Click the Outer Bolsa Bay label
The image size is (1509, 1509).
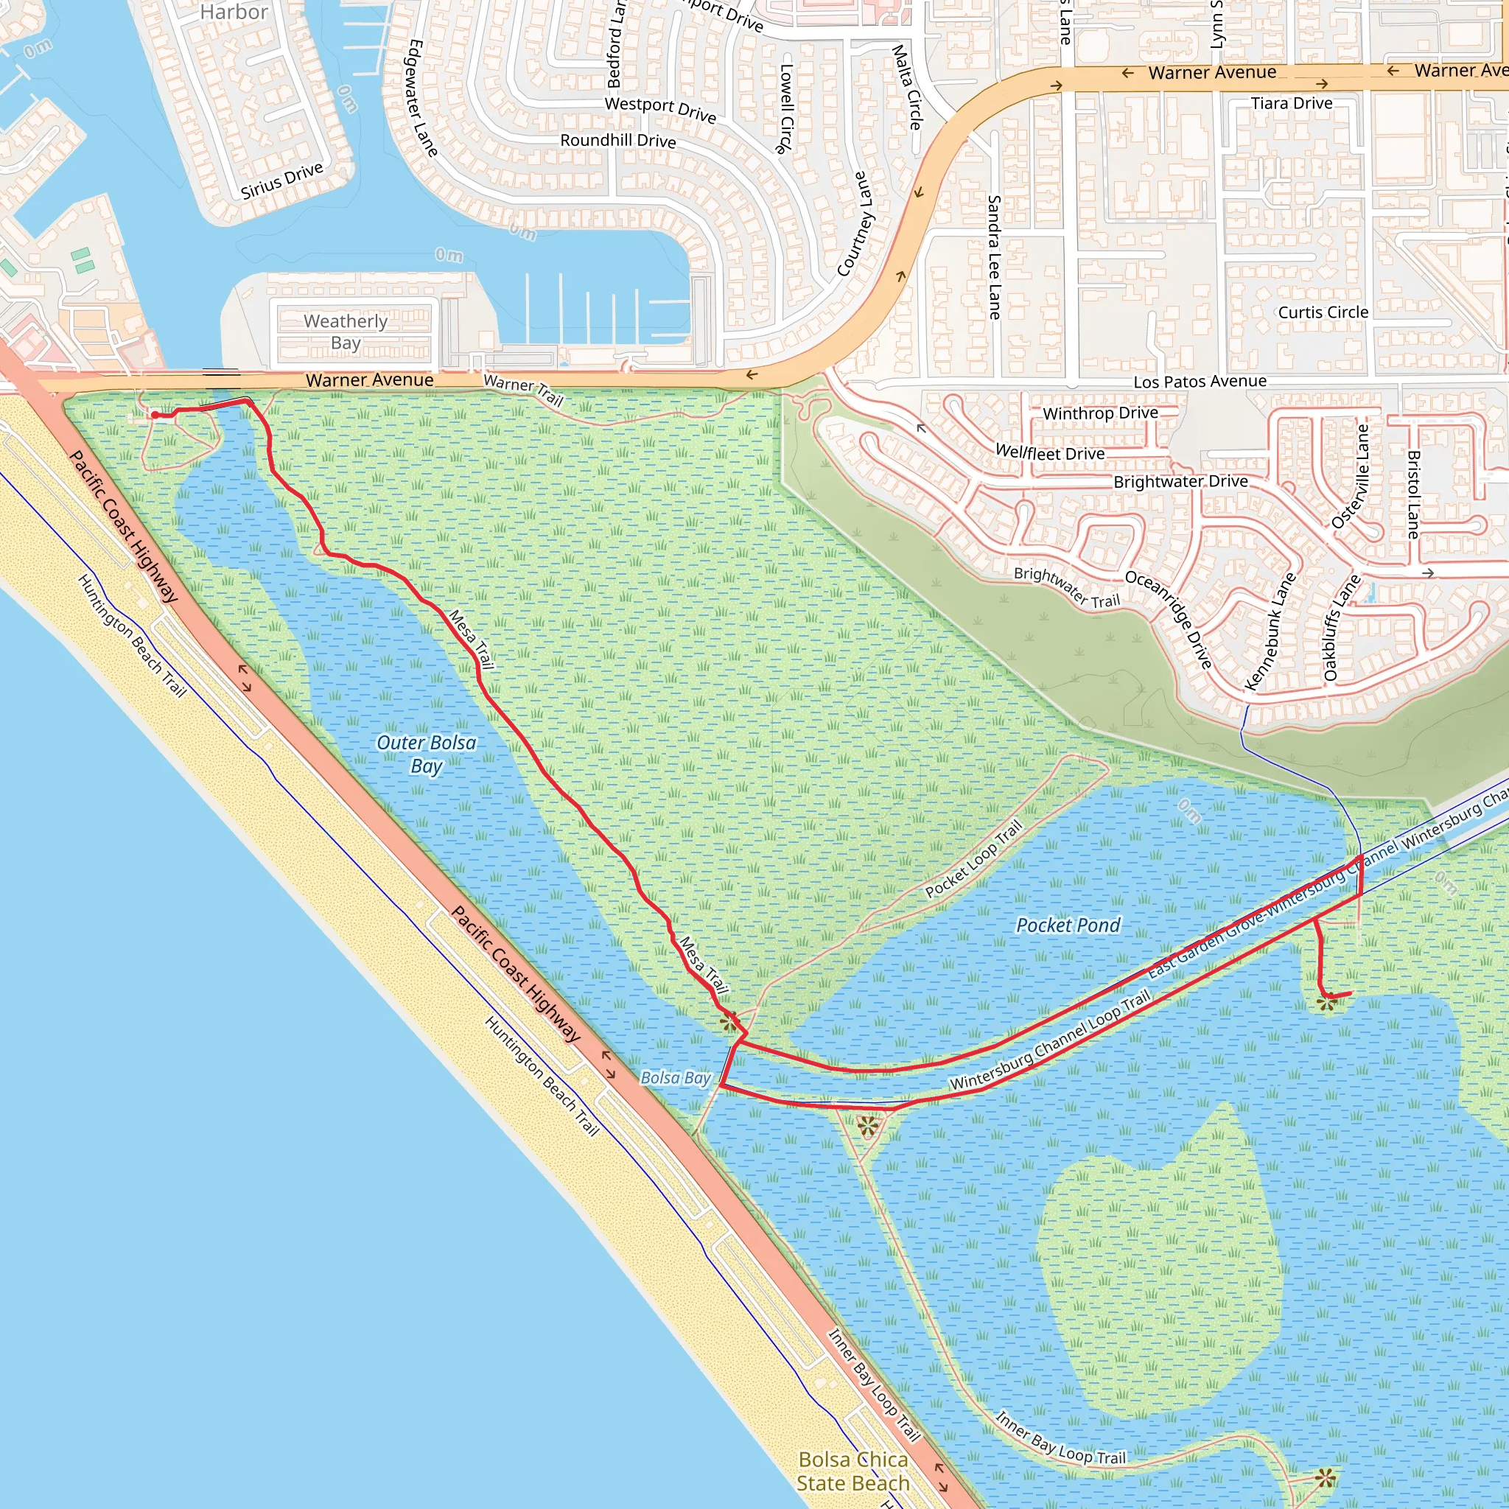[x=427, y=754]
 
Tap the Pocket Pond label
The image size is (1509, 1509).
[x=1068, y=925]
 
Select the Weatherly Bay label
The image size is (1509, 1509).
[x=346, y=332]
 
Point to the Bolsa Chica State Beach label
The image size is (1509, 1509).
[x=853, y=1471]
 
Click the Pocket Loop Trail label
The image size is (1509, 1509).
[x=973, y=859]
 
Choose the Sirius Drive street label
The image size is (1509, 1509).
[x=281, y=181]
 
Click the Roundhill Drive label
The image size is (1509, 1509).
[x=617, y=141]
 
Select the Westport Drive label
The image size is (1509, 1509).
[x=660, y=109]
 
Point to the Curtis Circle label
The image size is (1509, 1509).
[x=1323, y=312]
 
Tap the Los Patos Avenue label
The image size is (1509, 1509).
[x=1200, y=381]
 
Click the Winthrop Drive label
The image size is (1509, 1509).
[x=1101, y=413]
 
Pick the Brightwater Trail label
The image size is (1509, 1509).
[x=1067, y=587]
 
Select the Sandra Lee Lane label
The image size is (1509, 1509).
[x=994, y=257]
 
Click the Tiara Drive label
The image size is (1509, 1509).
[x=1292, y=103]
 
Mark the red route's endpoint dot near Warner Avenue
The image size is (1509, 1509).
[x=155, y=415]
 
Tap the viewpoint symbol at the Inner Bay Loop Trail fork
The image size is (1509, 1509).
[x=867, y=1127]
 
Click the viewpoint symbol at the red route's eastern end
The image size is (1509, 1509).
[x=1327, y=1002]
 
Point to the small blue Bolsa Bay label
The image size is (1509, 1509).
[x=676, y=1078]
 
